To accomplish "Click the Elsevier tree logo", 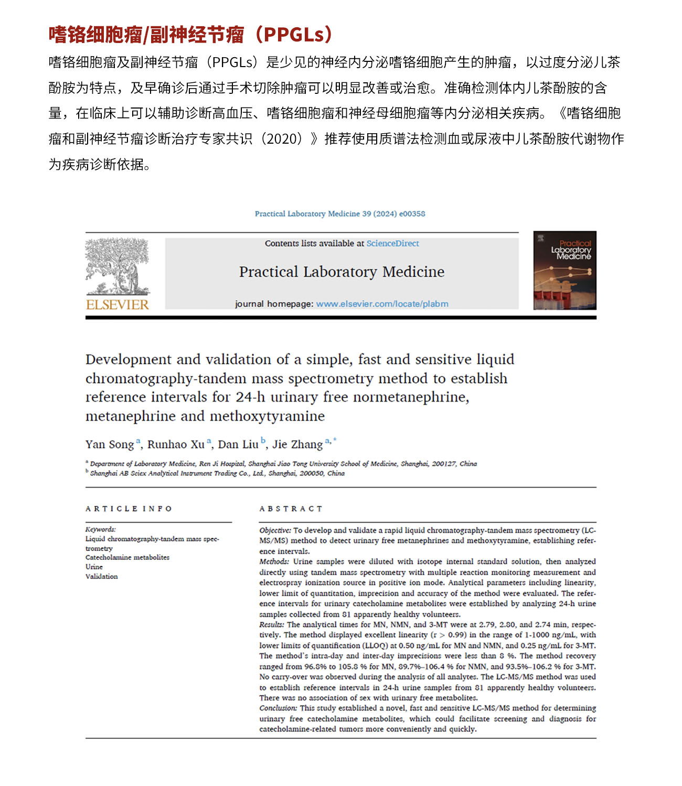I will tap(117, 266).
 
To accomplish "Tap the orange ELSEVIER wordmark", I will tap(118, 305).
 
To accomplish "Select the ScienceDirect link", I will tap(392, 243).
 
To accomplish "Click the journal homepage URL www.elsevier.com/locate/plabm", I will tap(382, 304).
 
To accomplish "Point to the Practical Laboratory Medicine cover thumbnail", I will tap(564, 271).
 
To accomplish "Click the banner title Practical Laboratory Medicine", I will tap(342, 272).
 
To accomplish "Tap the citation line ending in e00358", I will tap(340, 214).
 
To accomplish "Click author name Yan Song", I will tap(110, 445).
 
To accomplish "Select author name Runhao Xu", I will tap(176, 445).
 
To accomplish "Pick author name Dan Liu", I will tap(238, 445).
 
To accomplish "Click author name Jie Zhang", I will tap(297, 445).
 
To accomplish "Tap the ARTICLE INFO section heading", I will tap(129, 509).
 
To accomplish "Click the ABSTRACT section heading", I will tap(291, 509).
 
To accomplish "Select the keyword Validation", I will tap(102, 576).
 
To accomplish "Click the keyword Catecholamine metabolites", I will tap(127, 557).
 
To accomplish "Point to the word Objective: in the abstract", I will tap(275, 530).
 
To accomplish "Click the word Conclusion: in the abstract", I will tap(278, 708).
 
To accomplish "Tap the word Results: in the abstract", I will tap(272, 625).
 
